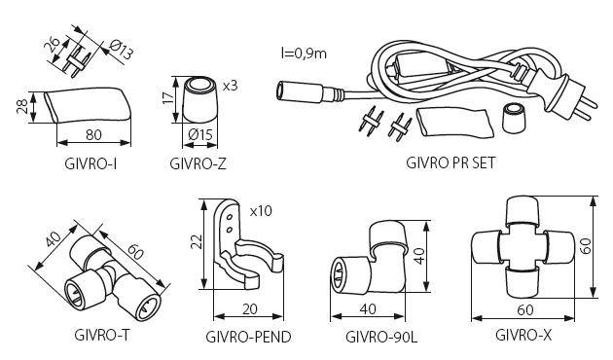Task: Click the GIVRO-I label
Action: click(90, 163)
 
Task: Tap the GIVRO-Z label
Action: click(198, 163)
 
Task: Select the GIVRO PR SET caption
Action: click(451, 162)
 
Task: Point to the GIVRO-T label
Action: click(101, 335)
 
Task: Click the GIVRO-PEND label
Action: click(249, 337)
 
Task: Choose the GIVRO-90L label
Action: click(381, 337)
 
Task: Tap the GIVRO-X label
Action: click(523, 335)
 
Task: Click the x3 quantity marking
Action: click(231, 86)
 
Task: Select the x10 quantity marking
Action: click(261, 211)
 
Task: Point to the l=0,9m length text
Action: click(304, 54)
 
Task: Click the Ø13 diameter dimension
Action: click(122, 50)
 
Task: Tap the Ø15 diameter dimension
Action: click(200, 135)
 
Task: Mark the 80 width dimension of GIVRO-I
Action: click(93, 135)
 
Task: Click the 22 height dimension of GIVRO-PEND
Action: click(198, 241)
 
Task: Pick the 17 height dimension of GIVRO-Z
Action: click(168, 97)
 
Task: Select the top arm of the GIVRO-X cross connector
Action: click(522, 211)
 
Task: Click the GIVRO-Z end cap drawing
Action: click(199, 99)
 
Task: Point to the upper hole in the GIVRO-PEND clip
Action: click(230, 217)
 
